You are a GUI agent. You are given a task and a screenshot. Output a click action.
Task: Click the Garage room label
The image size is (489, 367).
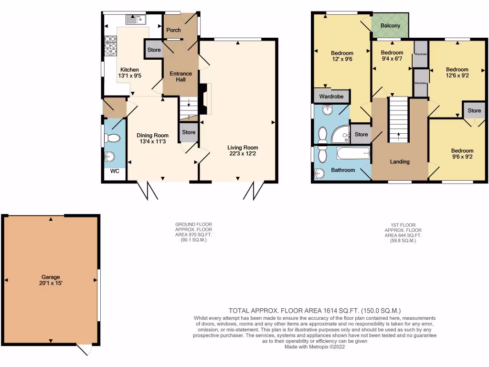51,277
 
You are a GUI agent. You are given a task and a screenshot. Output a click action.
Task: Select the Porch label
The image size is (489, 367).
173,30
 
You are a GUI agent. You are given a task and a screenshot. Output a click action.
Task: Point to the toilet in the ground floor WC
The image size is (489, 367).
112,139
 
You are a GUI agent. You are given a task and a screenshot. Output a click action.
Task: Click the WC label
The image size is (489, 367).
115,171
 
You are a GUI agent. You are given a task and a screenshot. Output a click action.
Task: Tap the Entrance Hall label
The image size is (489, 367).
181,76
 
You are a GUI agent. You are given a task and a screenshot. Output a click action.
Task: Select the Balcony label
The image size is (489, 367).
390,26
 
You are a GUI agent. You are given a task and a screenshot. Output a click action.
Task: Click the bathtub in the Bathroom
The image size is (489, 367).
353,154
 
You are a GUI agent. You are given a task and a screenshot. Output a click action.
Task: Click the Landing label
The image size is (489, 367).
400,162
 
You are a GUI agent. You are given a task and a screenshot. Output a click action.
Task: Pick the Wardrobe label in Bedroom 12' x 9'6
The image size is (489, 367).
331,97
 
